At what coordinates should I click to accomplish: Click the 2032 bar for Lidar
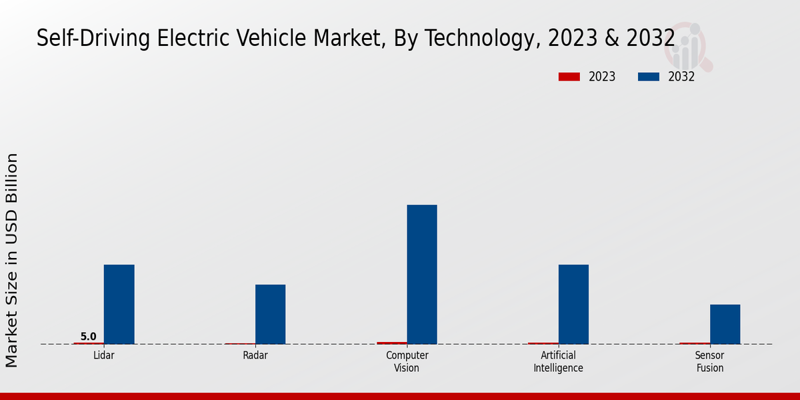coord(119,304)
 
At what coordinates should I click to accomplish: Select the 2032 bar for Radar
coord(270,314)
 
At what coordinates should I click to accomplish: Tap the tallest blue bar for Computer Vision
coord(422,274)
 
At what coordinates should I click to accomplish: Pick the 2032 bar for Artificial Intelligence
coord(573,304)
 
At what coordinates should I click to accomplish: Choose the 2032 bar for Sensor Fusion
coord(725,324)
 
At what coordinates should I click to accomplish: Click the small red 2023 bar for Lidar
coord(89,343)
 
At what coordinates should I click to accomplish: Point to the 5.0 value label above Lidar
coord(89,337)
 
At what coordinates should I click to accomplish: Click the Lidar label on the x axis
coord(103,355)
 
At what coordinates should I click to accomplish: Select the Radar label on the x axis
coord(255,355)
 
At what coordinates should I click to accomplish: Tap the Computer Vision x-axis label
coord(407,361)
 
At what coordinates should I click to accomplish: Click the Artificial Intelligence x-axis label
coord(558,361)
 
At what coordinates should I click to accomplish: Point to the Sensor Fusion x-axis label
coord(709,361)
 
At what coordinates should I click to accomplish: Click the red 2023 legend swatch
coord(569,77)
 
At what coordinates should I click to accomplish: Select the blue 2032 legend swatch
coord(649,77)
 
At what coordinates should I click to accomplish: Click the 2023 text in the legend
coord(602,77)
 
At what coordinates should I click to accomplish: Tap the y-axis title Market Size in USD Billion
coord(12,260)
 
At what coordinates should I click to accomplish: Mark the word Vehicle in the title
coord(304,38)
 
